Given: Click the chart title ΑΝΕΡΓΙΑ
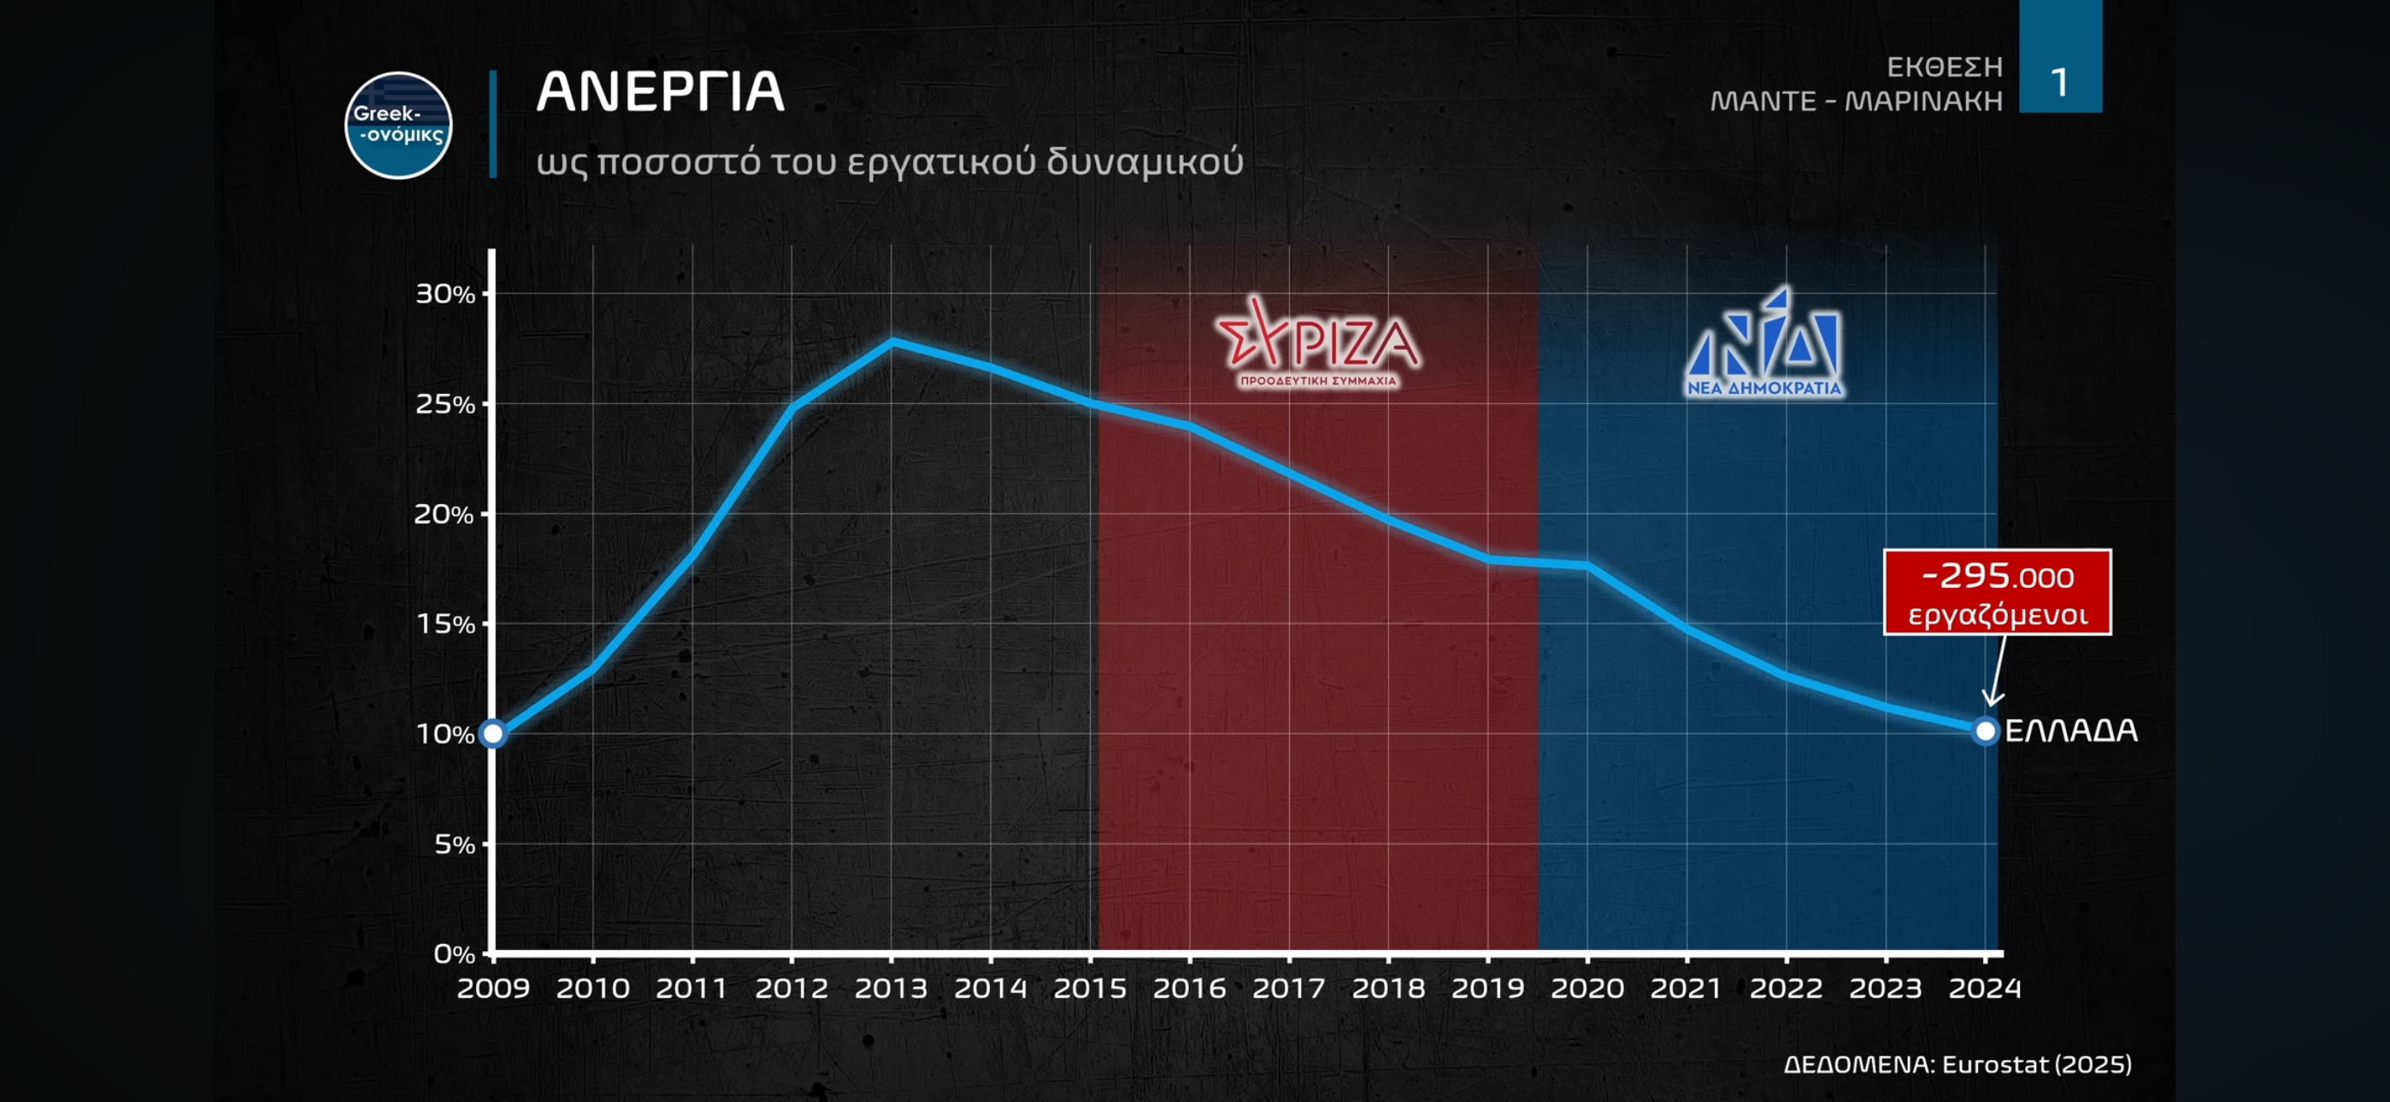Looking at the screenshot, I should tap(660, 92).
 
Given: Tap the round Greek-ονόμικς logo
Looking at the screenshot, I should tap(398, 126).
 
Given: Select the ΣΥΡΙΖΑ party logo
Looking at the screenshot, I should tap(1317, 343).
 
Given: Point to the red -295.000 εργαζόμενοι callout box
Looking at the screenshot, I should tap(1997, 592).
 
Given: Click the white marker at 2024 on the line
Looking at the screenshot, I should tap(1985, 731).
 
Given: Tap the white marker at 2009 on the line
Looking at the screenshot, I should tap(492, 734).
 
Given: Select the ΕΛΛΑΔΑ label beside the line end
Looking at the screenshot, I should tap(2071, 731).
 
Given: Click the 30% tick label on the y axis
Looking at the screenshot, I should tap(444, 294).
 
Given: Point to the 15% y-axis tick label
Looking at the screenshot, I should tap(445, 624).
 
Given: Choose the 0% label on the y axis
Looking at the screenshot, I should tap(454, 953).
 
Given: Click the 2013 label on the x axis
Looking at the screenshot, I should tap(891, 988).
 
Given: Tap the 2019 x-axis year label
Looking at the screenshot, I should tap(1487, 988).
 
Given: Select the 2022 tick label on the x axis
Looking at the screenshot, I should tap(1786, 988).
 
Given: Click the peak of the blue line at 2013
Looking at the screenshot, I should tap(892, 341).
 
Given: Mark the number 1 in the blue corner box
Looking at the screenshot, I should tap(2060, 84).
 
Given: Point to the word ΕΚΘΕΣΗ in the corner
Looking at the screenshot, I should tap(1944, 67).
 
